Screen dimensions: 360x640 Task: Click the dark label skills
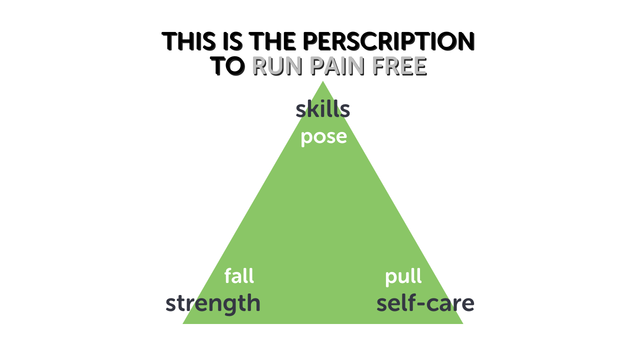coord(322,109)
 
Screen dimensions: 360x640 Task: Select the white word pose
coord(323,137)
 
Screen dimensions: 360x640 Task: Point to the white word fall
coord(239,275)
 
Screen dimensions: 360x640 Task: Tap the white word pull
coord(403,276)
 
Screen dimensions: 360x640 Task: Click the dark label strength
coord(213,303)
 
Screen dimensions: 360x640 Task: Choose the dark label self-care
coord(425,303)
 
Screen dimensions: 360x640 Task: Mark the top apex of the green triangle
coord(323,82)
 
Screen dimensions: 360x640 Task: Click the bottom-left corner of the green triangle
coord(183,323)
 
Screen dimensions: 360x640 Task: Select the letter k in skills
coord(312,109)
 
